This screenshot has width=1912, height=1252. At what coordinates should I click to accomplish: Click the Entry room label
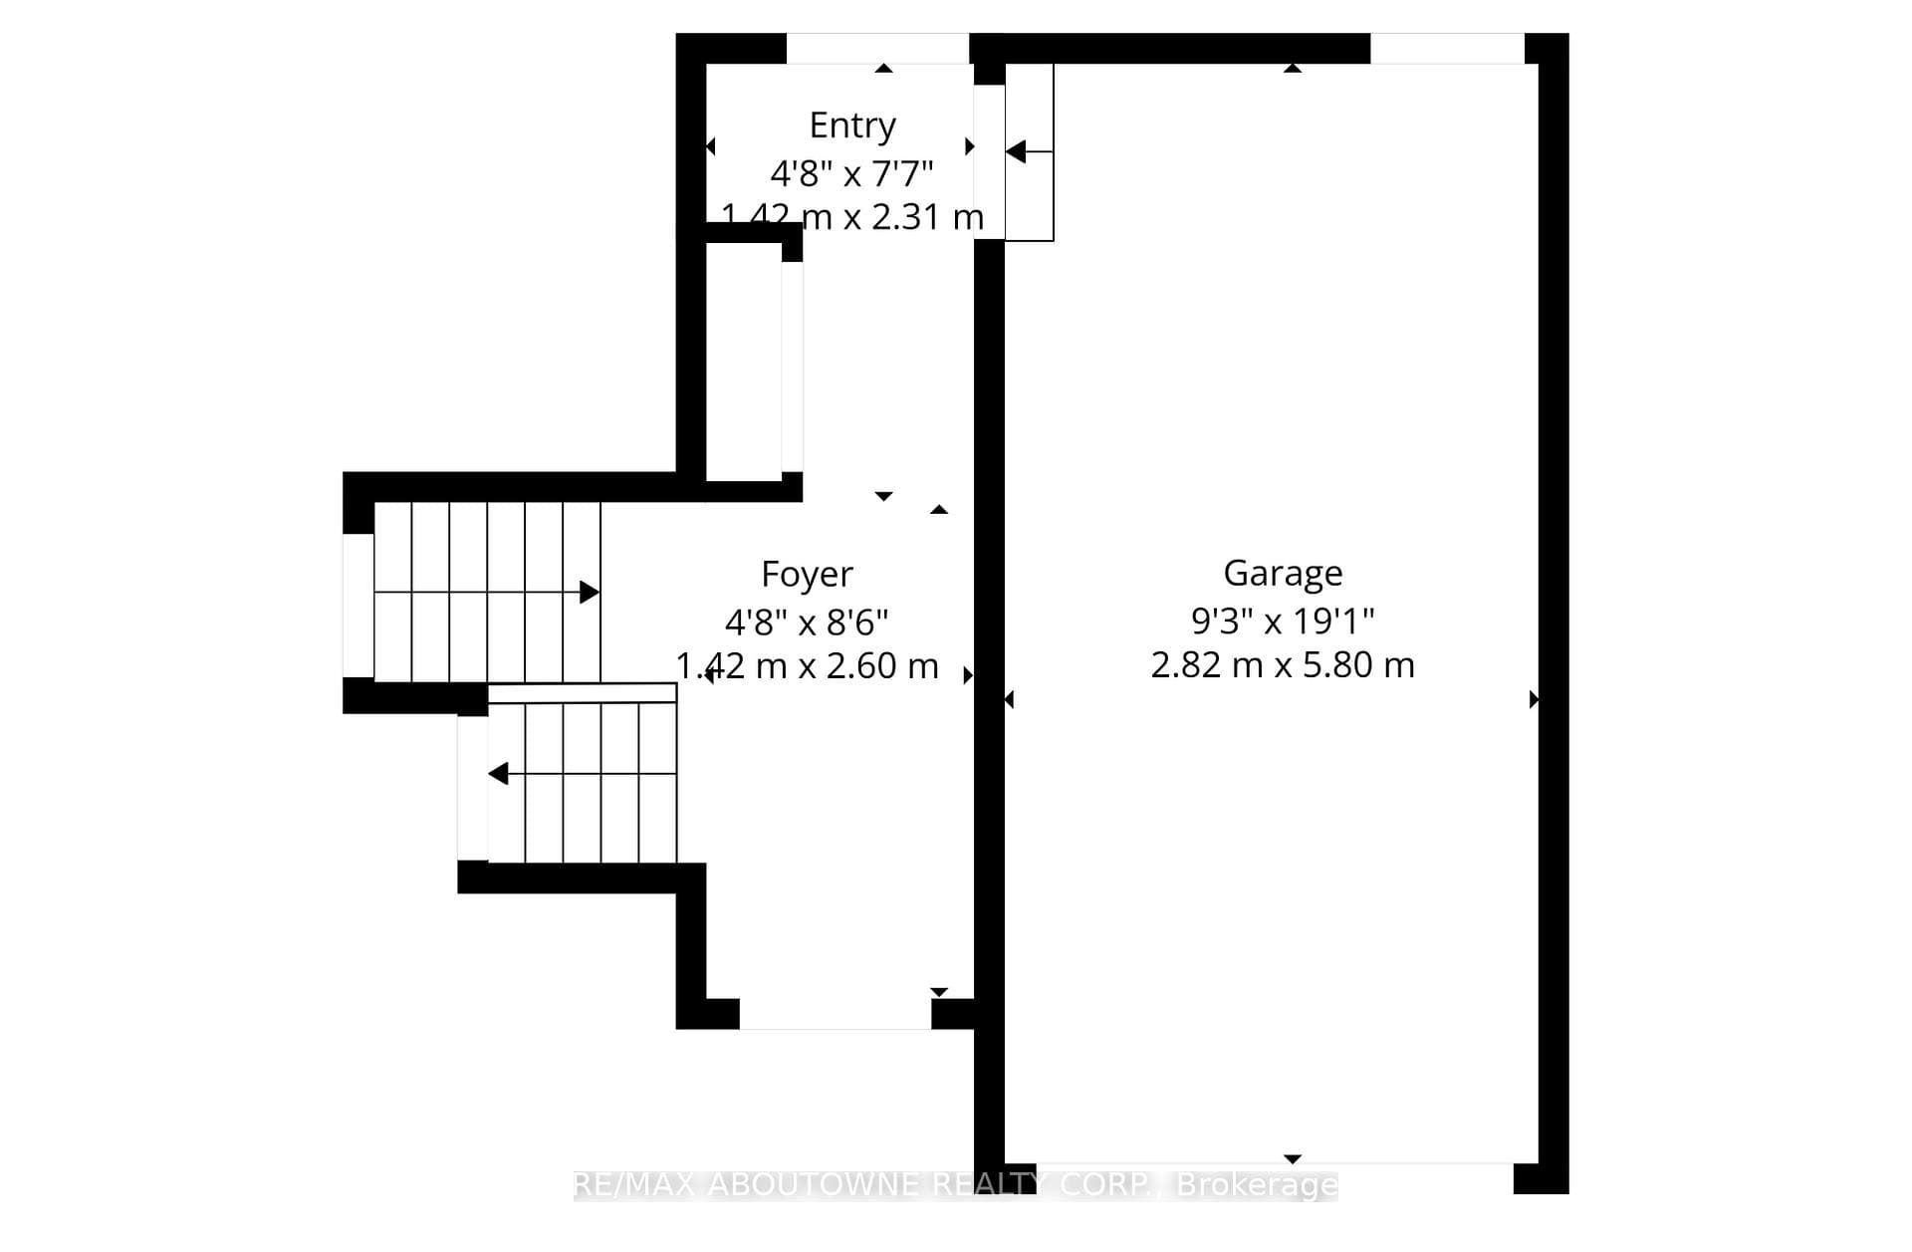(852, 126)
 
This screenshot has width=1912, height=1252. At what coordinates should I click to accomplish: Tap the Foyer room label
(807, 575)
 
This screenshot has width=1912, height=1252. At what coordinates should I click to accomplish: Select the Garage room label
(1283, 574)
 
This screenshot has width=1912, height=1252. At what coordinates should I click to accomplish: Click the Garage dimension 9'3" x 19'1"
(1283, 622)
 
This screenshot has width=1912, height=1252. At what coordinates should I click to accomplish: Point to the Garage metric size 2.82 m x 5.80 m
(1283, 664)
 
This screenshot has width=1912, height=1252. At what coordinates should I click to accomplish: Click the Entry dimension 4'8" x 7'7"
(852, 174)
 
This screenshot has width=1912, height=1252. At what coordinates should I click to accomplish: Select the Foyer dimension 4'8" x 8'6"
(807, 623)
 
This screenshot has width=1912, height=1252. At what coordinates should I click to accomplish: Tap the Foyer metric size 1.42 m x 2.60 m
(807, 665)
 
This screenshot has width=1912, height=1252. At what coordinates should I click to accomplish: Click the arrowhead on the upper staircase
(590, 593)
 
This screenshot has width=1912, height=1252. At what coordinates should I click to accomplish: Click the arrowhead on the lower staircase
(498, 773)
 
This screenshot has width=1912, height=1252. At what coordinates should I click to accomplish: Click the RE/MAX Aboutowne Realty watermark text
(956, 1184)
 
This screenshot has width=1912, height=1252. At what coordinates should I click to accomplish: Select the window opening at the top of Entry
(877, 48)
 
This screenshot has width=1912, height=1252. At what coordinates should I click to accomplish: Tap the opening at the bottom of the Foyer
(836, 1014)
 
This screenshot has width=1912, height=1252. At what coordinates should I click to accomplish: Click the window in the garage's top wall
(1448, 48)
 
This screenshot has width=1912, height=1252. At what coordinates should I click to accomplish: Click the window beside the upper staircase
(358, 606)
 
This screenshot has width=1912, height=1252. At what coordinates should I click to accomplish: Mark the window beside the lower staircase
(473, 789)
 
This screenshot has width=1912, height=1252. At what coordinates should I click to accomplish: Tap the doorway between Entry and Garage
(989, 162)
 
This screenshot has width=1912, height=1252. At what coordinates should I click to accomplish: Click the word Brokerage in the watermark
(1257, 1184)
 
